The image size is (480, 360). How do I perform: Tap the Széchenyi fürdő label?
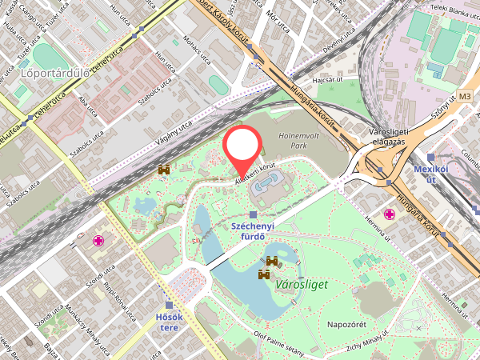(x=253, y=232)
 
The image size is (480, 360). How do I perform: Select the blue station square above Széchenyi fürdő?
(x=254, y=214)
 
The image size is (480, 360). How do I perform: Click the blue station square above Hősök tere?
(x=169, y=305)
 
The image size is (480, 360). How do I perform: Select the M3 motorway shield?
(x=466, y=97)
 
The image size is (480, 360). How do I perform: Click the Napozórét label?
(x=346, y=324)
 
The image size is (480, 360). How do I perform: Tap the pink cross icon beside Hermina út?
(x=390, y=214)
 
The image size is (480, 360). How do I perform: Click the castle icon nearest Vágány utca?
(x=165, y=170)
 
